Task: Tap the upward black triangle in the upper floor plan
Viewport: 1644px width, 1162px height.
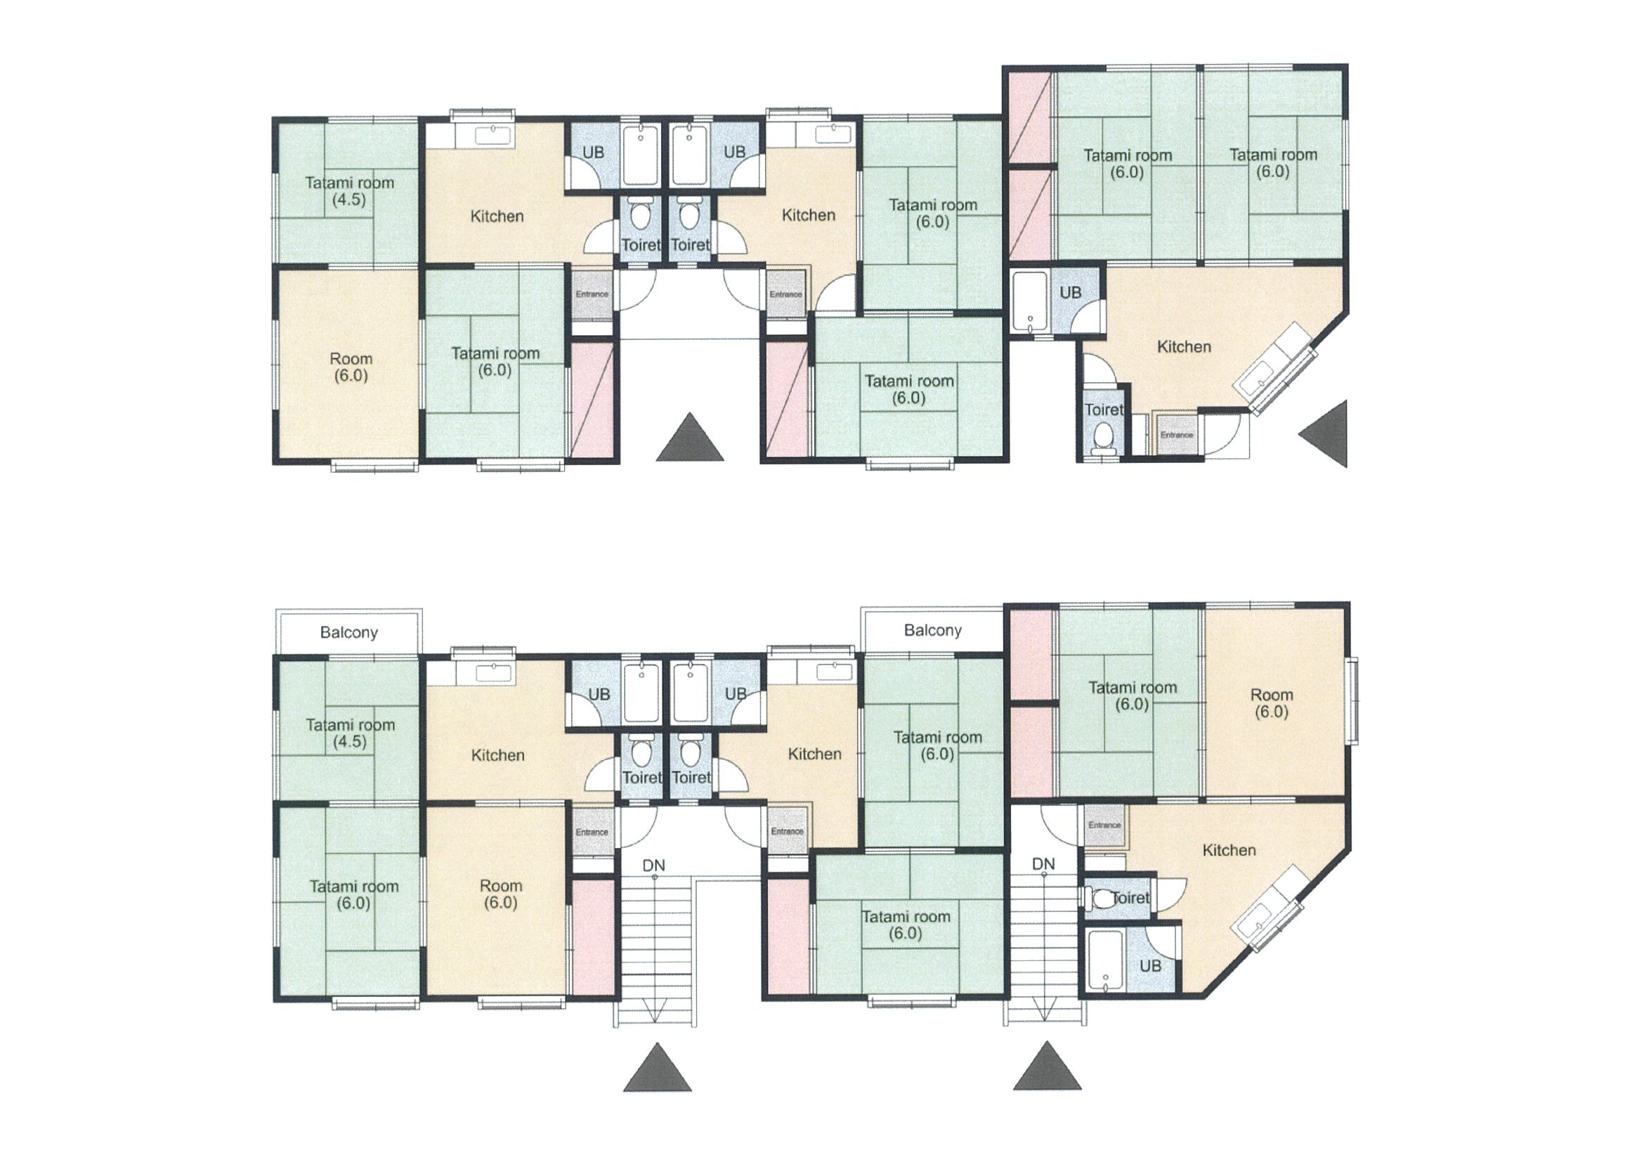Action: coord(689,437)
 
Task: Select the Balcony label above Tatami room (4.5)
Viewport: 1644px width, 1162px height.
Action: coord(348,632)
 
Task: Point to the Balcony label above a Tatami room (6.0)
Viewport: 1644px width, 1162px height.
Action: coord(932,630)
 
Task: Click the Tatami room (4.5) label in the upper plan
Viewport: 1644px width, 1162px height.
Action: coord(349,191)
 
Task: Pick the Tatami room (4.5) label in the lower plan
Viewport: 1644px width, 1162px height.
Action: coord(350,733)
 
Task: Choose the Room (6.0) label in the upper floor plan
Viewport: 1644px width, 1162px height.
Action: coord(351,367)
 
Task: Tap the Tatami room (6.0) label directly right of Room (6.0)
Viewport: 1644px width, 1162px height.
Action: coord(495,362)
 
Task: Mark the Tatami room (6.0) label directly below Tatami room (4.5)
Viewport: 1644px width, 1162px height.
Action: coord(353,895)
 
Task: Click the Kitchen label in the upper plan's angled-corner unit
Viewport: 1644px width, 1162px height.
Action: coord(1185,346)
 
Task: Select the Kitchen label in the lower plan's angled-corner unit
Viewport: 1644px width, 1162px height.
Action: coord(1229,850)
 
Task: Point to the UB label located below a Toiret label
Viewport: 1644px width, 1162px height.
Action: coord(1150,966)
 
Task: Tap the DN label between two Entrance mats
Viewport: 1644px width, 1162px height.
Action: coord(653,866)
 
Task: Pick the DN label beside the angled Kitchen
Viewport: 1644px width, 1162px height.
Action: coord(1043,864)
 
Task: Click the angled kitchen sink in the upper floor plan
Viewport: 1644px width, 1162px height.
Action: coord(1275,369)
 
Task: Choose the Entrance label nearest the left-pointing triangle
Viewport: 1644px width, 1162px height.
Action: coord(1176,435)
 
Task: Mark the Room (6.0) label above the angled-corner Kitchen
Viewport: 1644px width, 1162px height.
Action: coord(1272,703)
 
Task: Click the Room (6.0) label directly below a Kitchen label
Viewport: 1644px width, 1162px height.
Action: coord(500,894)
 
